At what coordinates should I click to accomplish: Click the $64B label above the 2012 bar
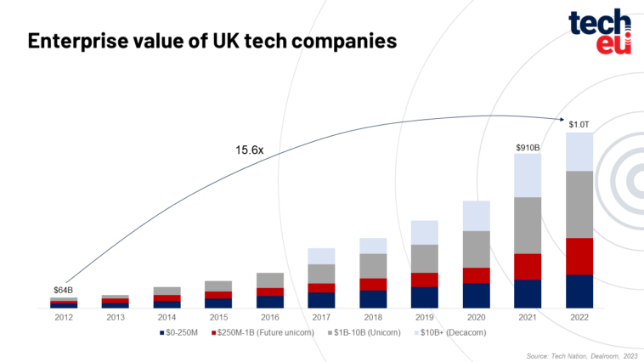(x=63, y=290)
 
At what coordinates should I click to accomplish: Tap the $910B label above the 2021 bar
(x=528, y=148)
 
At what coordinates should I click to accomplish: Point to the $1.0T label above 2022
(x=579, y=125)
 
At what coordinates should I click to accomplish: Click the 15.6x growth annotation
(x=249, y=150)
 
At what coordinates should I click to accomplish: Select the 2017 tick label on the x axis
(x=321, y=317)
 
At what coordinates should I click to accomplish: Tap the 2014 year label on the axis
(x=167, y=317)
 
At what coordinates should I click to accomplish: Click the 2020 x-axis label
(x=476, y=317)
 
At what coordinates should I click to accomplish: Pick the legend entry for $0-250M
(x=178, y=332)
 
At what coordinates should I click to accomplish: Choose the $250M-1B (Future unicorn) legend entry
(x=263, y=332)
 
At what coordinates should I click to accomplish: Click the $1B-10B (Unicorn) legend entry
(x=364, y=332)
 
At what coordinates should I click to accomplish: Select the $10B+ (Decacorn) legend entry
(x=450, y=332)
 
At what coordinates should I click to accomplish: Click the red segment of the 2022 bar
(x=579, y=257)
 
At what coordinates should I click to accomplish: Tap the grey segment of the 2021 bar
(x=528, y=225)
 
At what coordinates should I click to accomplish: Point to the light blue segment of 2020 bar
(x=477, y=216)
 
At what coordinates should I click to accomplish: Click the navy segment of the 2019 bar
(x=425, y=297)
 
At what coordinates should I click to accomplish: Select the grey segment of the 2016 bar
(x=270, y=280)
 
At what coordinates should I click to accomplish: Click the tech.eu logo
(x=600, y=31)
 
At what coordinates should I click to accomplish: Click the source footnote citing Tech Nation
(x=582, y=356)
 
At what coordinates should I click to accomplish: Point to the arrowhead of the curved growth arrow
(x=562, y=119)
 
